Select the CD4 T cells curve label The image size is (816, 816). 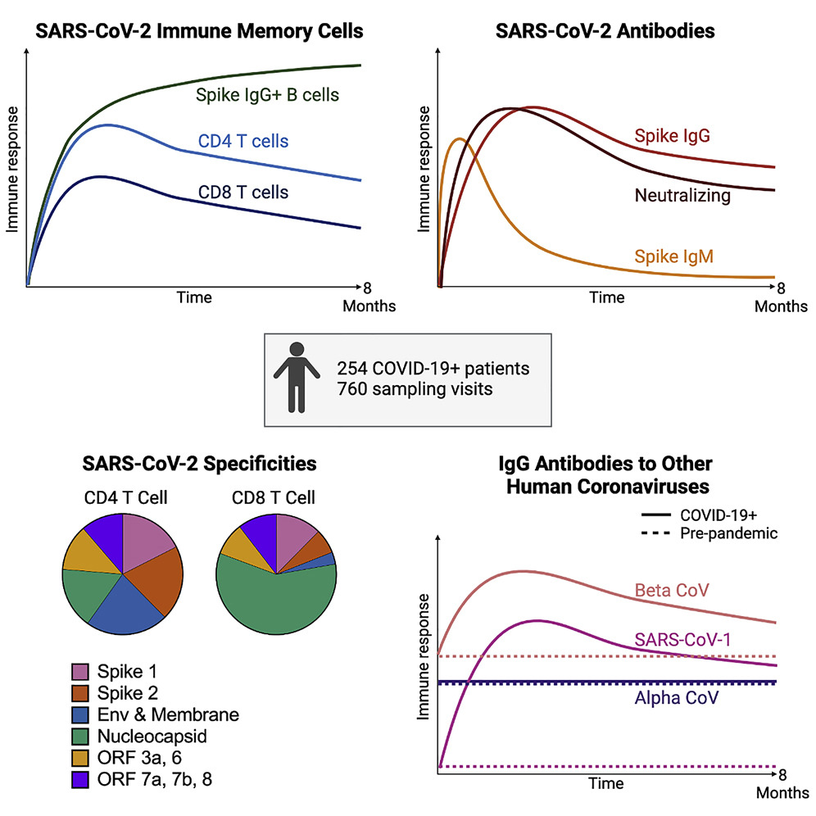tap(243, 142)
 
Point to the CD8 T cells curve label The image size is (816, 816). tap(243, 193)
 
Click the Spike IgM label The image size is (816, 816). tap(673, 256)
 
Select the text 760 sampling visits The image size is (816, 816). tap(415, 388)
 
